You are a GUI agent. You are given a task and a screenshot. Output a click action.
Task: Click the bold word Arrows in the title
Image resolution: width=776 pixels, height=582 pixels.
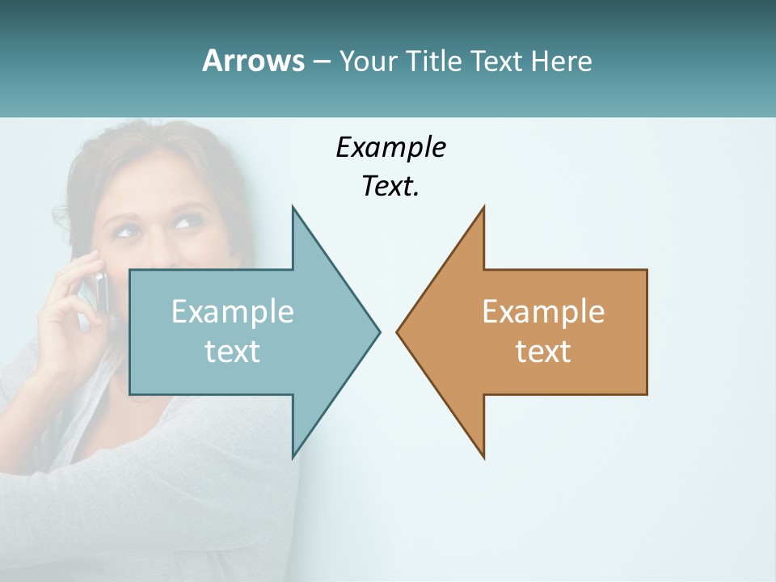click(x=252, y=61)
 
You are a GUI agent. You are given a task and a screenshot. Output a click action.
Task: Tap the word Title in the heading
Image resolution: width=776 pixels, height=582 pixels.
click(x=434, y=61)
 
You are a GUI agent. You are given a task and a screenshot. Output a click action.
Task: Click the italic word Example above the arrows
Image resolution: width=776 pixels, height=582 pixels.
click(x=390, y=147)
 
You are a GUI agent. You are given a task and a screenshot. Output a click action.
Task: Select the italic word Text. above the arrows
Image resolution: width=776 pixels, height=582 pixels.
click(x=390, y=187)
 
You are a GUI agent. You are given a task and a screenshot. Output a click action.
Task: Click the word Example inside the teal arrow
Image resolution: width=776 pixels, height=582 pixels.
click(x=233, y=312)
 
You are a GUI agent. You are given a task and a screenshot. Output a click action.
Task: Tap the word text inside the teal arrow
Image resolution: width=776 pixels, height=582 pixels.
click(x=233, y=352)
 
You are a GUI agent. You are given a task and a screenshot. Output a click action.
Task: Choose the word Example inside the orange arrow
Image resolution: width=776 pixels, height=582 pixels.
click(x=543, y=312)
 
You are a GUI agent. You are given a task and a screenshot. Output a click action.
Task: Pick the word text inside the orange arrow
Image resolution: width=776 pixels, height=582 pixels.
click(x=543, y=352)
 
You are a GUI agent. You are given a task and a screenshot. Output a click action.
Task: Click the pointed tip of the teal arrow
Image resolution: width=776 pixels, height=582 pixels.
click(x=378, y=331)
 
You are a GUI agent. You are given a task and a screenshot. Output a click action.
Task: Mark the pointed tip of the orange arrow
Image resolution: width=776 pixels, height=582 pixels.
click(x=398, y=331)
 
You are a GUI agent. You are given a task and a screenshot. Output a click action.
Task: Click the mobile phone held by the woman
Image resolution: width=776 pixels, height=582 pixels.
click(x=99, y=291)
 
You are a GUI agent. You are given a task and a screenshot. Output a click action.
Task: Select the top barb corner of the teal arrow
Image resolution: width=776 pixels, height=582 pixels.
click(x=293, y=208)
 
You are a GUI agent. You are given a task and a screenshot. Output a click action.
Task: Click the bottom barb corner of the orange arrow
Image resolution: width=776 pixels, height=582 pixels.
click(x=483, y=457)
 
